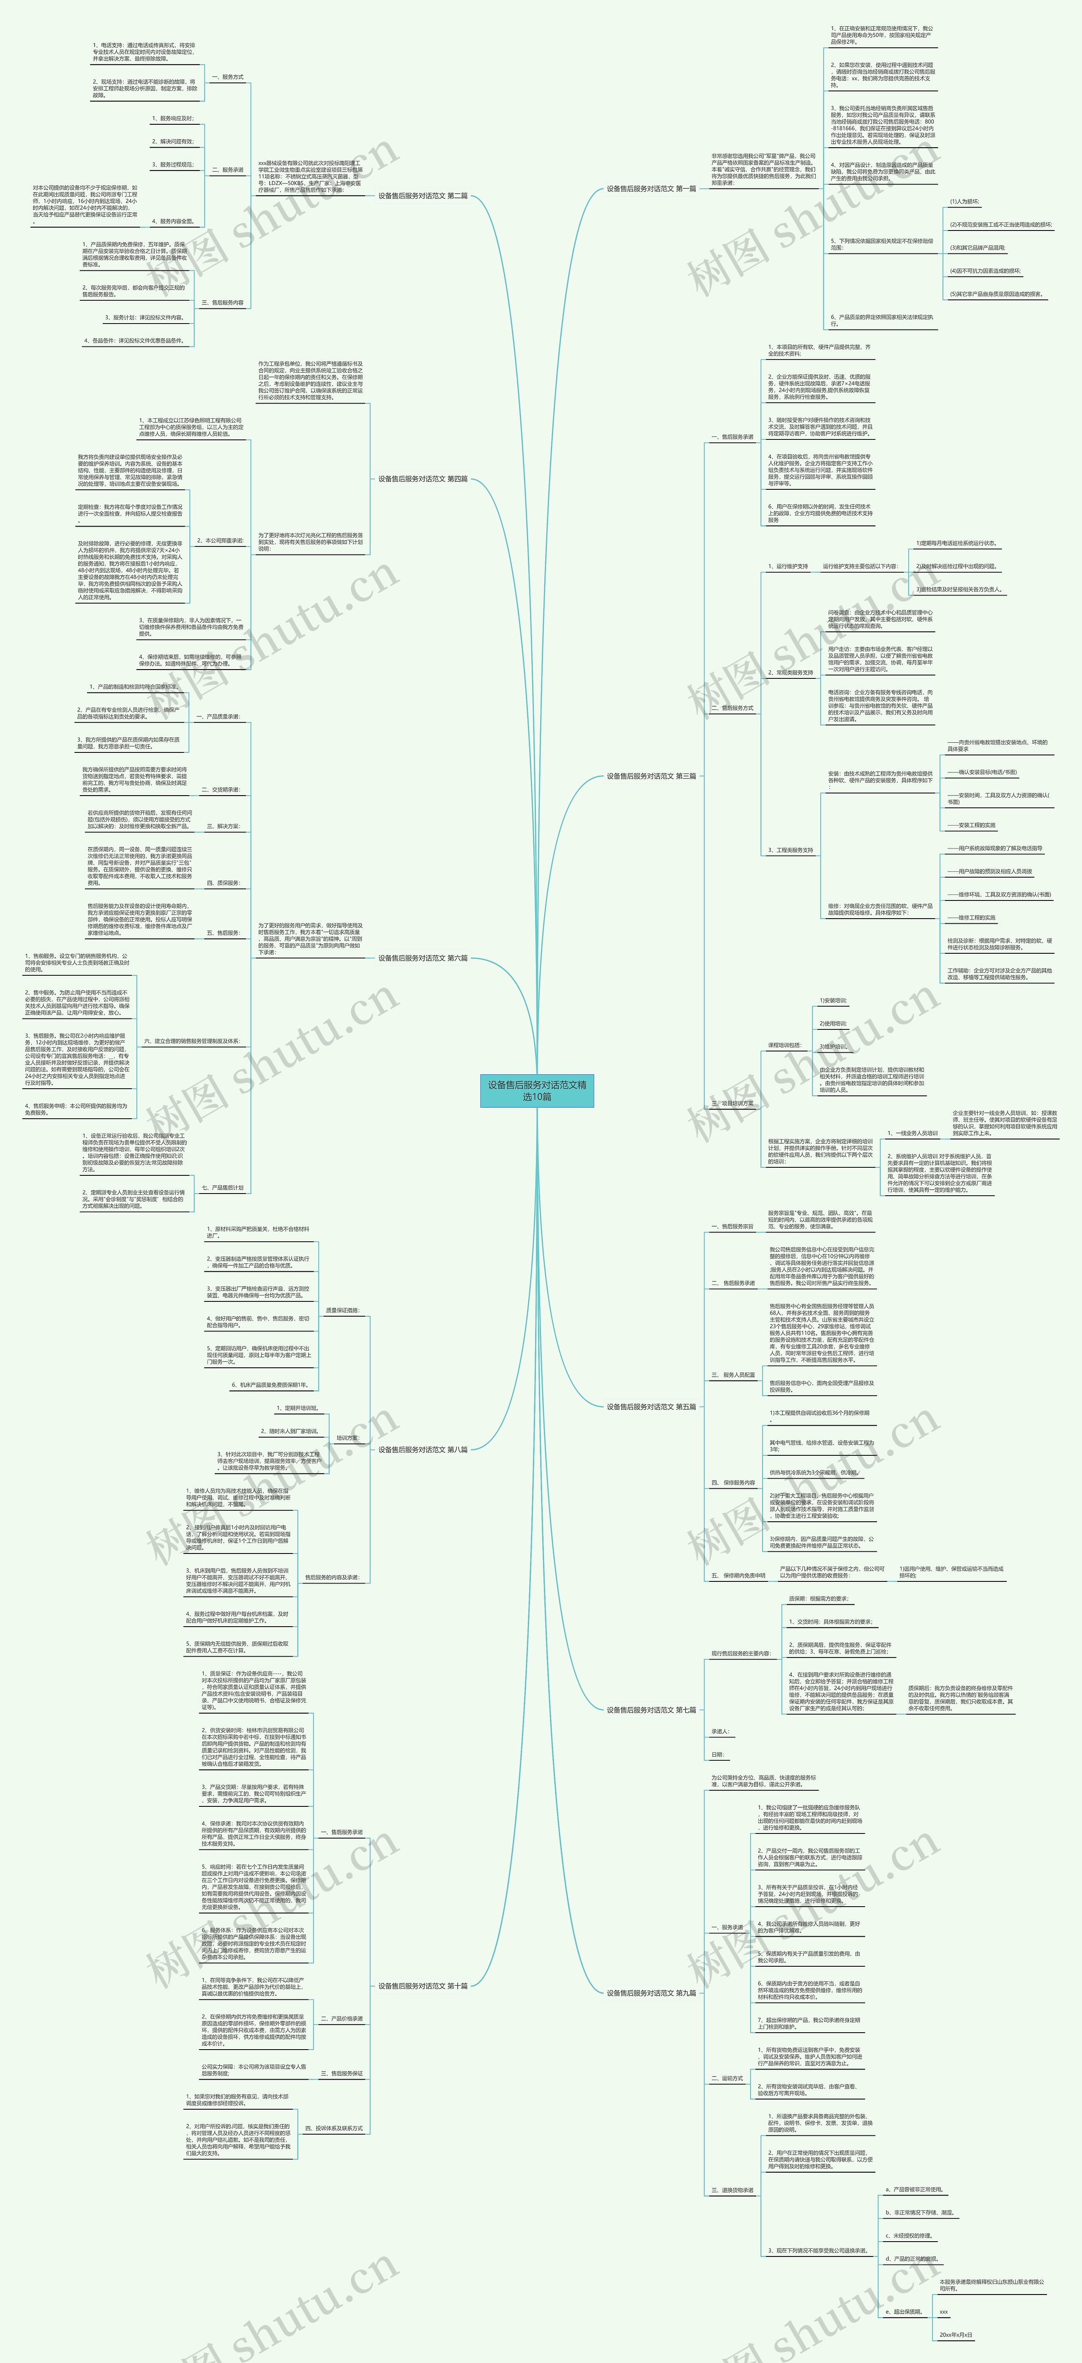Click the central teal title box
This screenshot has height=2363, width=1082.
pyautogui.click(x=537, y=1090)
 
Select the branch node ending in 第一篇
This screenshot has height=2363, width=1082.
pyautogui.click(x=651, y=189)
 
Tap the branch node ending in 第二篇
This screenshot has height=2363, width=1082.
pyautogui.click(x=423, y=195)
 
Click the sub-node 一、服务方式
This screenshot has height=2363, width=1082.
pyautogui.click(x=227, y=77)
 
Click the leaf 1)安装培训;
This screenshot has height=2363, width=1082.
pyautogui.click(x=833, y=1001)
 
